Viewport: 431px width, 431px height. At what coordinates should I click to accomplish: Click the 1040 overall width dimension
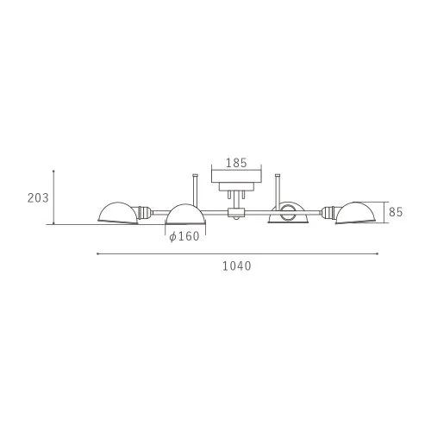coord(237,266)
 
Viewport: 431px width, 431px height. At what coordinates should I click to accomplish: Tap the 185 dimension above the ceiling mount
coord(236,163)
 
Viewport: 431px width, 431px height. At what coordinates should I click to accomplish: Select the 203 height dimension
coord(38,198)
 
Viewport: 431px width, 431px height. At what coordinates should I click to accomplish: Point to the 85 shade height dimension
coord(396,212)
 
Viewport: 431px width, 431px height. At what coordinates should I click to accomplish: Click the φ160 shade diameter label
coord(184,236)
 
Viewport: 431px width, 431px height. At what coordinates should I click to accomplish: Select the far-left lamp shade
coord(118,213)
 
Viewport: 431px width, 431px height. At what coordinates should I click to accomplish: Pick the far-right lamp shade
coord(356,213)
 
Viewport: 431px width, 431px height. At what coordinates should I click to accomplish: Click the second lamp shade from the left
coord(185,215)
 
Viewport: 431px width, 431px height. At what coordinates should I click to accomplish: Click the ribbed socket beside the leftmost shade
coord(144,213)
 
